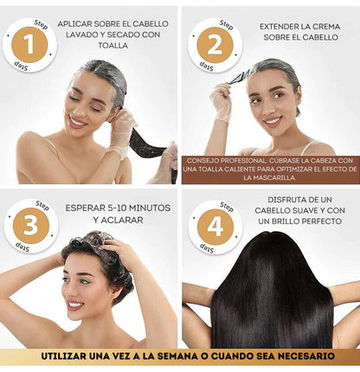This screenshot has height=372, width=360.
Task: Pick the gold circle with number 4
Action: pos(215,227)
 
